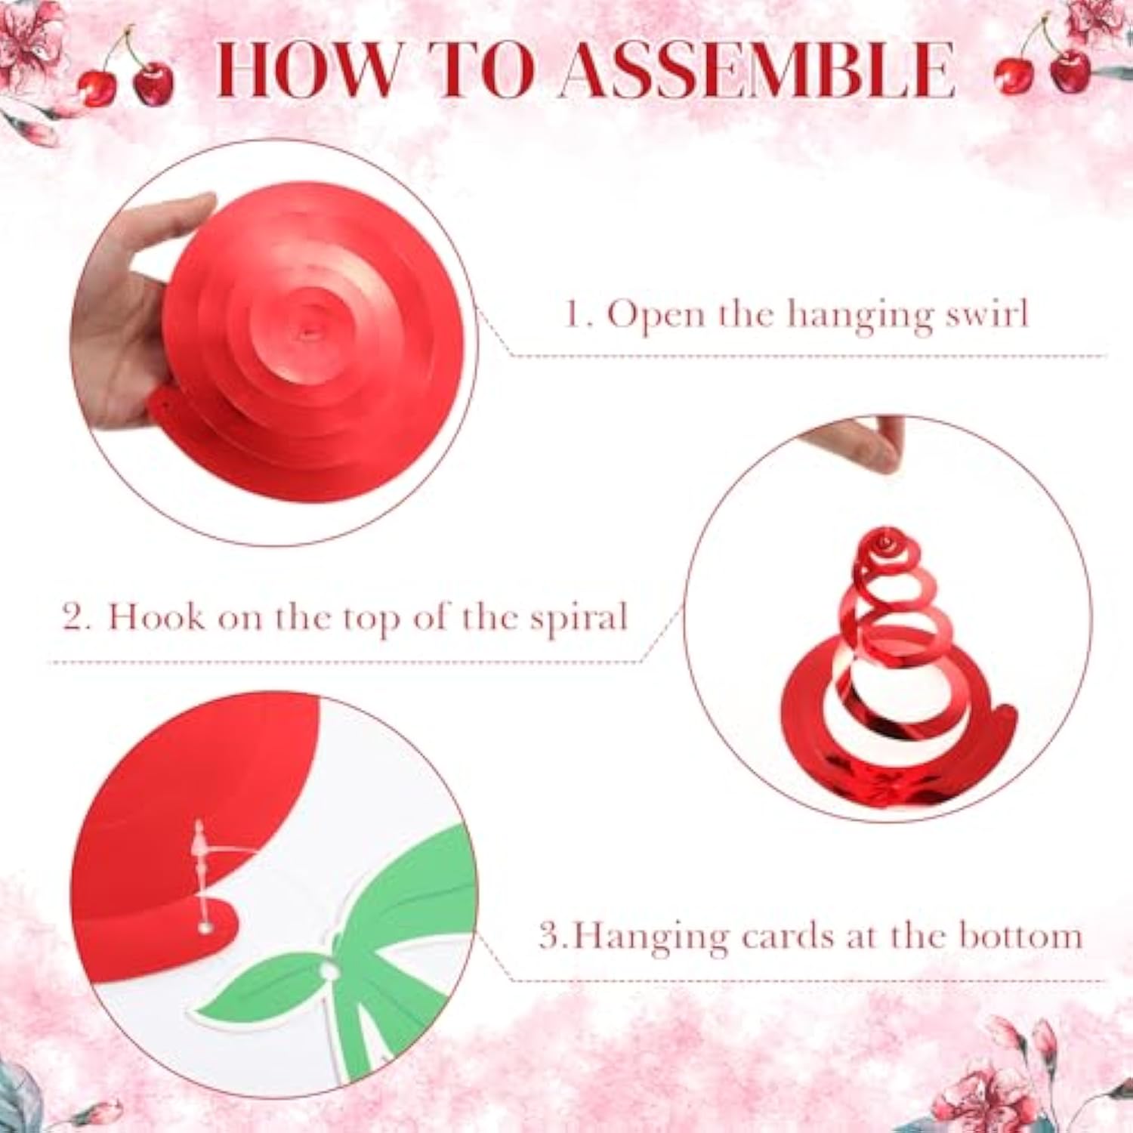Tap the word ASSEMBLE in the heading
click(x=758, y=69)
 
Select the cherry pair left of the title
click(x=126, y=76)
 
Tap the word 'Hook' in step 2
click(x=156, y=617)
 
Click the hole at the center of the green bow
click(x=329, y=969)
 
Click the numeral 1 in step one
click(x=574, y=313)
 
